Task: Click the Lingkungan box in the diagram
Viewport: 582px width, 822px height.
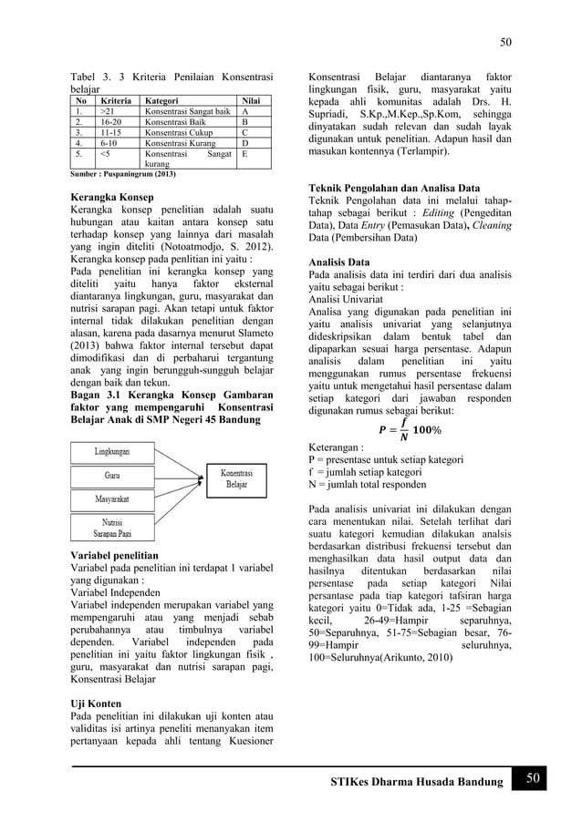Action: (120, 451)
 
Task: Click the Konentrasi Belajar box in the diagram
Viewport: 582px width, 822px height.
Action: (236, 478)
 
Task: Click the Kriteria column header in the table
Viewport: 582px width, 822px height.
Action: (118, 102)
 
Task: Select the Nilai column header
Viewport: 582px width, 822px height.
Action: (248, 102)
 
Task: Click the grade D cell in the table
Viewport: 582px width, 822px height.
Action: (244, 143)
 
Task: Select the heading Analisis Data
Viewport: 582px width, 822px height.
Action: (339, 262)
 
